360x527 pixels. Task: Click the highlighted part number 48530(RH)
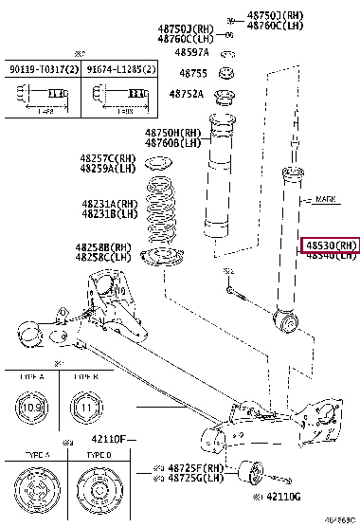point(331,245)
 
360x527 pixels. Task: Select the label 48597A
point(190,52)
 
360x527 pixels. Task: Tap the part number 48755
point(192,72)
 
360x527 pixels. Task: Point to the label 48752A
point(187,94)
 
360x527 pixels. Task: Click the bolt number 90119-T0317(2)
point(45,69)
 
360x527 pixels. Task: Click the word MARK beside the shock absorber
point(324,200)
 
